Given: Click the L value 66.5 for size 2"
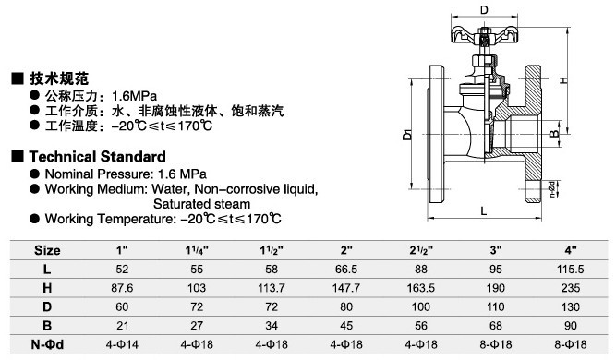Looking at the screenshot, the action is pyautogui.click(x=346, y=270).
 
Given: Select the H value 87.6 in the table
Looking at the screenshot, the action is pyautogui.click(x=122, y=288).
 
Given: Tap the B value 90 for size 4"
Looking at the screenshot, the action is pyautogui.click(x=571, y=326).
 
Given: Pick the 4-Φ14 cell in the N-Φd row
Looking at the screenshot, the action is pyautogui.click(x=122, y=344).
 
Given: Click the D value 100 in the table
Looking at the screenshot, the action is pyautogui.click(x=421, y=306).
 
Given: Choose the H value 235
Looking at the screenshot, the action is pyautogui.click(x=571, y=288).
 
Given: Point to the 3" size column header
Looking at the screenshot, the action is pyautogui.click(x=496, y=250).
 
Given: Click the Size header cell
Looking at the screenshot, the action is pyautogui.click(x=47, y=250).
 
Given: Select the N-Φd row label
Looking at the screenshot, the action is pyautogui.click(x=47, y=344).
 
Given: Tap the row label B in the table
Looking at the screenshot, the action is pyautogui.click(x=47, y=326).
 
